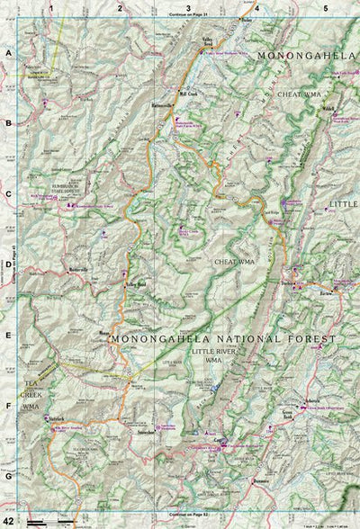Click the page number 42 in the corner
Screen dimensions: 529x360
8,520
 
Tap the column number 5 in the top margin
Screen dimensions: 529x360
325,7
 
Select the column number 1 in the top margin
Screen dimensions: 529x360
52,7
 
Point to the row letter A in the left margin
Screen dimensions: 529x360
8,54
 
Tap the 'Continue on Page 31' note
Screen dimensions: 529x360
187,15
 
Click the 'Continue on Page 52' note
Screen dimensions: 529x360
187,515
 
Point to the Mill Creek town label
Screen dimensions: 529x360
188,92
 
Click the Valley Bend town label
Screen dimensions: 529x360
209,40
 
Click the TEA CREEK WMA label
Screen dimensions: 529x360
31,395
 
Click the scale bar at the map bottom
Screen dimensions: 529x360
36,521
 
